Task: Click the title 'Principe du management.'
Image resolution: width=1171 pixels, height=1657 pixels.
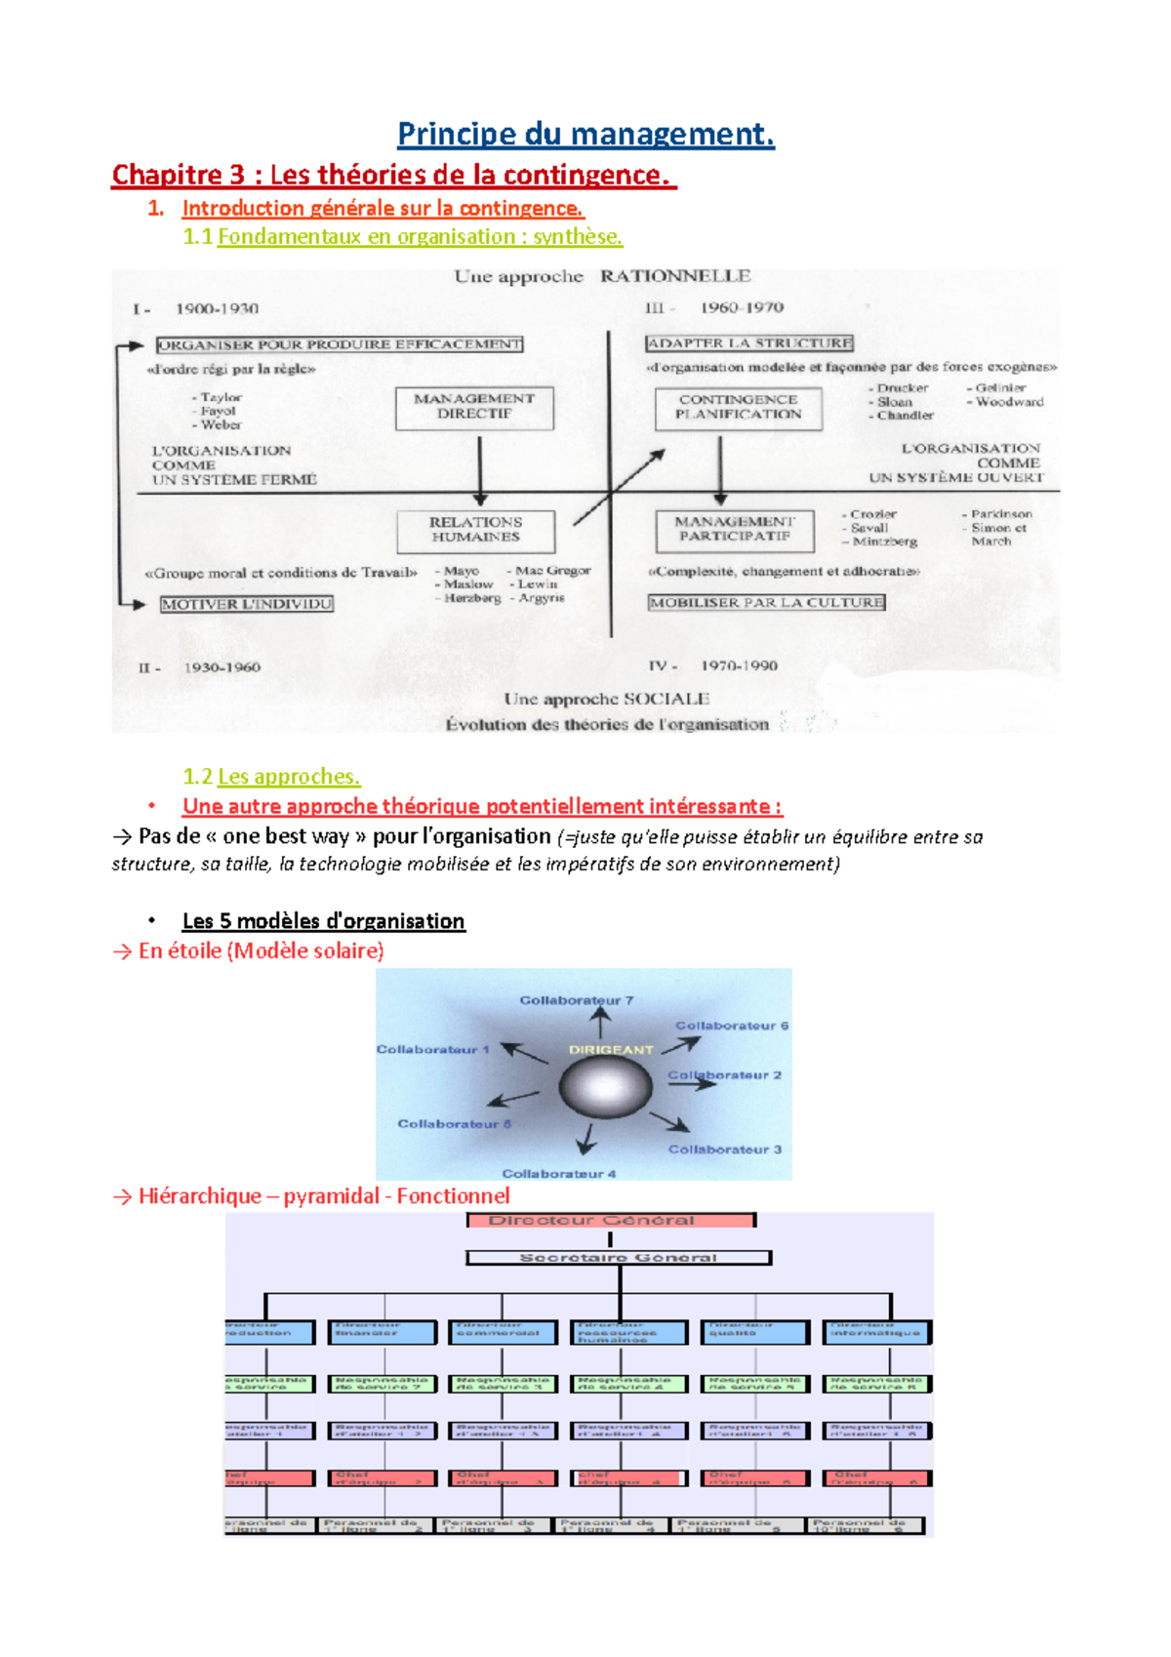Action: click(585, 134)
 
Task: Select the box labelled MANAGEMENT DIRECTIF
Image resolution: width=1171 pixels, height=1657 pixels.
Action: click(474, 407)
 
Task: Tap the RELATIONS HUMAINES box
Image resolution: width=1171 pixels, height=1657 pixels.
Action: click(475, 531)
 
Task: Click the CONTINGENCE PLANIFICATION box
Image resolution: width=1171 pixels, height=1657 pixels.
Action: click(738, 408)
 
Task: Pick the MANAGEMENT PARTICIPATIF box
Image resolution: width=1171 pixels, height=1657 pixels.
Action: click(735, 529)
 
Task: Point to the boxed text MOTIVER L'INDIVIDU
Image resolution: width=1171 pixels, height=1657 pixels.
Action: click(247, 604)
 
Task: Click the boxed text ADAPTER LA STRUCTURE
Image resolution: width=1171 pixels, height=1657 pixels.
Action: click(749, 344)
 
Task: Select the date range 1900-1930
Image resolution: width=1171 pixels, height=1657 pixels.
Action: click(217, 309)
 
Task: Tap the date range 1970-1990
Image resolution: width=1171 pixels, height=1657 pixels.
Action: click(739, 666)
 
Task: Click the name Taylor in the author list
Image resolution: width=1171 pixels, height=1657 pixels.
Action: click(222, 397)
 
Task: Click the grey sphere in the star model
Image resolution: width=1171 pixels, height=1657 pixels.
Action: click(605, 1086)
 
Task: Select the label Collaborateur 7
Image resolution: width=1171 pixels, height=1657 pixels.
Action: click(576, 1000)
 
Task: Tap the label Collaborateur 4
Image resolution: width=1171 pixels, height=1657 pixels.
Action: click(558, 1173)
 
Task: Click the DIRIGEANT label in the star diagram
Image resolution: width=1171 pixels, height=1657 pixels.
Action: click(611, 1049)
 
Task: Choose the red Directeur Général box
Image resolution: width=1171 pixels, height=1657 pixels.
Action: click(611, 1221)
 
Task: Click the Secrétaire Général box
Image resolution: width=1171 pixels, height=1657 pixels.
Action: click(619, 1258)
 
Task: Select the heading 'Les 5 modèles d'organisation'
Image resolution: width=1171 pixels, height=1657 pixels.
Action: click(323, 921)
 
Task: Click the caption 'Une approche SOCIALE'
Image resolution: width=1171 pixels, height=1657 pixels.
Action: click(606, 699)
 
